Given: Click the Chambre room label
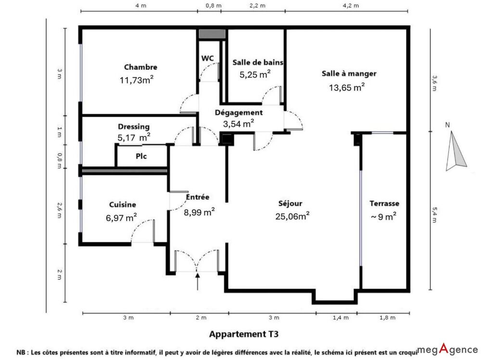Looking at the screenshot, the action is (x=140, y=67).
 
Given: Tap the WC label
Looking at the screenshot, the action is (x=208, y=58).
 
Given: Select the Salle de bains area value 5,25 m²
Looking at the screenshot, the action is (x=255, y=74).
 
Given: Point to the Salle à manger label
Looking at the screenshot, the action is (x=349, y=74).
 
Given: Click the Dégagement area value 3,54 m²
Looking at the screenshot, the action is (x=239, y=124).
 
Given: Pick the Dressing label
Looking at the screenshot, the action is (x=134, y=126).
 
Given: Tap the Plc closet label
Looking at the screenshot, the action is (x=141, y=156).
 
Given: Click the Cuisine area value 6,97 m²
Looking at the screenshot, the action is (x=121, y=218).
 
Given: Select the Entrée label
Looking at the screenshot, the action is (x=198, y=197).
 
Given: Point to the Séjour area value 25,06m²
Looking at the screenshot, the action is (x=292, y=216).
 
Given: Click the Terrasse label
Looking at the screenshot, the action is (x=384, y=204).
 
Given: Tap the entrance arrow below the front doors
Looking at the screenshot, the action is (x=198, y=281).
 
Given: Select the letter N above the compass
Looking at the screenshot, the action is (x=447, y=125).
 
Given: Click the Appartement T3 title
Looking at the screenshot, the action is (x=243, y=334).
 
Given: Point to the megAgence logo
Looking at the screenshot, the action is (x=447, y=349).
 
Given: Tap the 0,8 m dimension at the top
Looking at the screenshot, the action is (x=214, y=5).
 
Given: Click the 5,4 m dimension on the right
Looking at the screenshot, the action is (x=434, y=215).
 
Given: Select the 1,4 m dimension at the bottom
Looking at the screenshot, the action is (x=341, y=318).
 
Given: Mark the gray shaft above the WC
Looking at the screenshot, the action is (x=212, y=34).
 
